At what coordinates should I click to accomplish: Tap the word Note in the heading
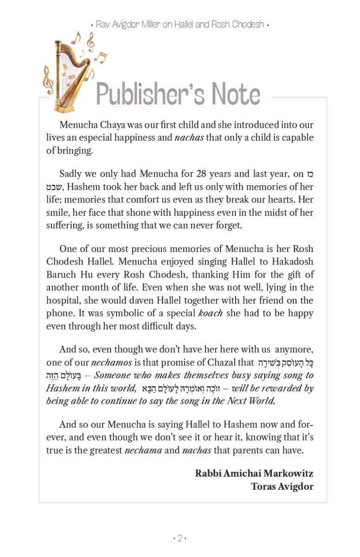236,94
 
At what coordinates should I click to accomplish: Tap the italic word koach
211,313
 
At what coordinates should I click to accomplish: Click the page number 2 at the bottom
180,538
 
